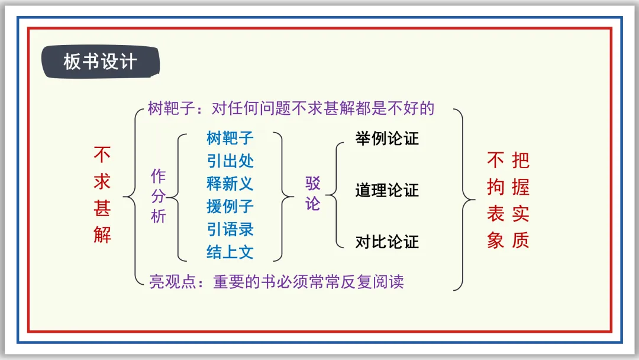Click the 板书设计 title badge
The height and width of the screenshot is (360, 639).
(99, 62)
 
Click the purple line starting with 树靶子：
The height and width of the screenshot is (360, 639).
(291, 108)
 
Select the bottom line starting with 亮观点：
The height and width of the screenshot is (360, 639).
(276, 282)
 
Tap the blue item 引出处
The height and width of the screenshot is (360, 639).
(230, 161)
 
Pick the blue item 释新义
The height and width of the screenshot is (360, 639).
(230, 184)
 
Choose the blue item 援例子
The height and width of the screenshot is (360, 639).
(230, 207)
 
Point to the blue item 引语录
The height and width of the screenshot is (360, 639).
(230, 229)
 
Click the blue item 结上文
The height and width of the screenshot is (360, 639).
(230, 252)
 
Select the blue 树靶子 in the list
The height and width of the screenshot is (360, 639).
(230, 139)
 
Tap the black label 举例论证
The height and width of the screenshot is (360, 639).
(387, 139)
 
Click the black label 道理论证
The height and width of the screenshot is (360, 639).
(387, 191)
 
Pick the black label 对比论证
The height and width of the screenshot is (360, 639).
(387, 242)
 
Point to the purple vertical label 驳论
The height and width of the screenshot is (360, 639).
(312, 193)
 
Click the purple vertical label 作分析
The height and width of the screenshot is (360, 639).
(159, 196)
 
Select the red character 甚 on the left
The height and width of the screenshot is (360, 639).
(102, 208)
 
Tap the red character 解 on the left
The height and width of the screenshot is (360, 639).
(102, 235)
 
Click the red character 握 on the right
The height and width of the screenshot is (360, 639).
(521, 188)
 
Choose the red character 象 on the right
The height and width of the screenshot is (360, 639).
(495, 240)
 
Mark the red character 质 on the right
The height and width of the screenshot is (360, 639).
(521, 240)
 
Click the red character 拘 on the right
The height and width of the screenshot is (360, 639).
(495, 188)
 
